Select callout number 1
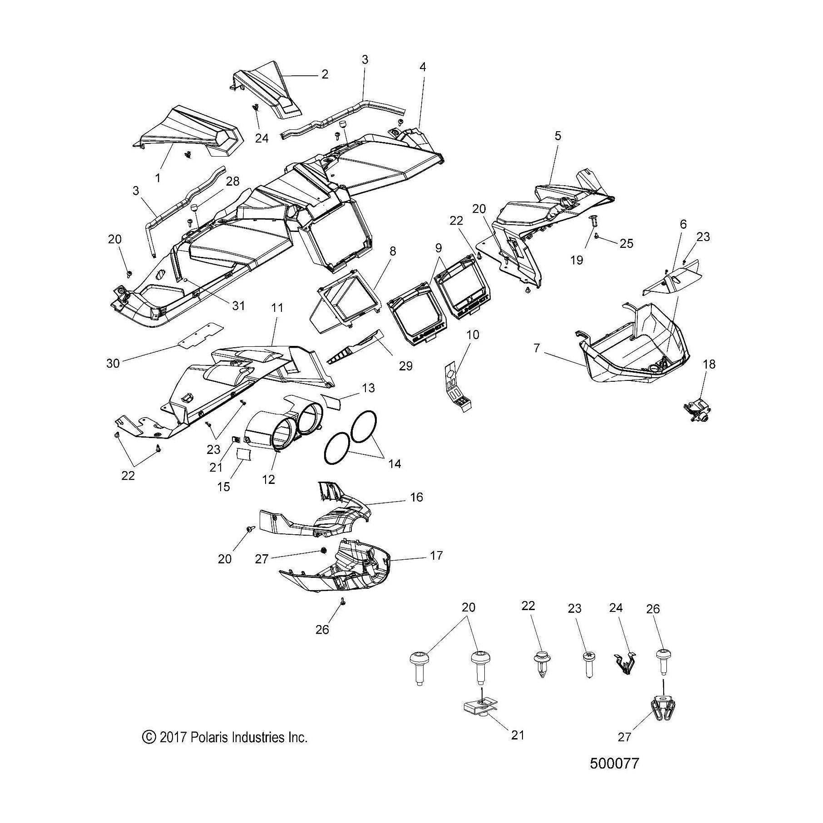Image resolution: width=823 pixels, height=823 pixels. click(158, 178)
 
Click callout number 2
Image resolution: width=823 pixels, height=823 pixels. click(324, 74)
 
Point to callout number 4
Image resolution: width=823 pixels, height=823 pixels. click(422, 67)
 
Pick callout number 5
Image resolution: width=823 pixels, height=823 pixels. click(558, 136)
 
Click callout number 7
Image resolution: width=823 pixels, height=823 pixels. click(537, 348)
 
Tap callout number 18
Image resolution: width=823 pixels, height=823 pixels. click(709, 364)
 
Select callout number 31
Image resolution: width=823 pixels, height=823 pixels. click(238, 306)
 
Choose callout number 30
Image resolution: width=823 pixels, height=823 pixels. click(113, 363)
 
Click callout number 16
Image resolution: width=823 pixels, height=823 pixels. click(416, 498)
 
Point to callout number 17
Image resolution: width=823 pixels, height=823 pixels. click(436, 556)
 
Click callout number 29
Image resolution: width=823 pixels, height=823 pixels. click(405, 366)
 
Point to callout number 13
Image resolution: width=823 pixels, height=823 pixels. click(368, 388)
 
